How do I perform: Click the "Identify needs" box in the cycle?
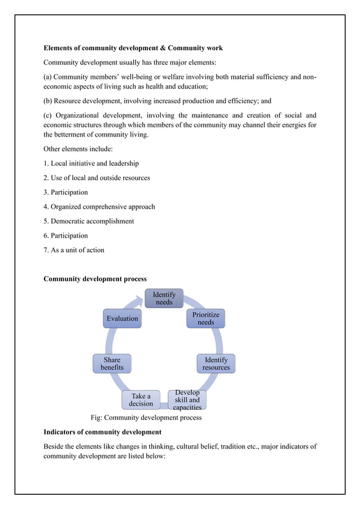click(164, 298)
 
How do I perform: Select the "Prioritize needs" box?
click(206, 318)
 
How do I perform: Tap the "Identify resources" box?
click(216, 363)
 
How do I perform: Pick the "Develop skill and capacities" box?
click(187, 400)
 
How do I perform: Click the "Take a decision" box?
click(141, 400)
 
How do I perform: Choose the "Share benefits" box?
click(112, 363)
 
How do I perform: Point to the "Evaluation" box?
click(122, 318)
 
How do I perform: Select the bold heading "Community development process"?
click(95, 279)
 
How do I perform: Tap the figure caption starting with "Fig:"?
click(146, 418)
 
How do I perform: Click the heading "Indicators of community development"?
click(102, 432)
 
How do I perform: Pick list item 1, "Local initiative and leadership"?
click(91, 163)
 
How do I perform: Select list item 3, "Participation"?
click(65, 192)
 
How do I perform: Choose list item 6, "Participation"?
click(65, 235)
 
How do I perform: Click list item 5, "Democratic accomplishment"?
click(89, 221)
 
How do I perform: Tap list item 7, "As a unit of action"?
click(74, 249)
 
